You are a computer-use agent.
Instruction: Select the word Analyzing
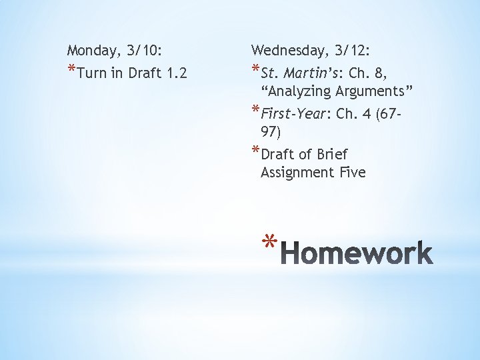pos(299,91)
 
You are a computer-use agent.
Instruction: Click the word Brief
pos(332,155)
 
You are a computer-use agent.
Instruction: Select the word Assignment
pos(297,173)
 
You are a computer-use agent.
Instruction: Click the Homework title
pos(357,254)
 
